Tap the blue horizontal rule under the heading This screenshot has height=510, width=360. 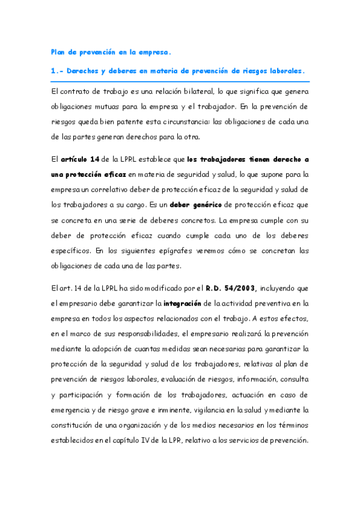click(x=180, y=81)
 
